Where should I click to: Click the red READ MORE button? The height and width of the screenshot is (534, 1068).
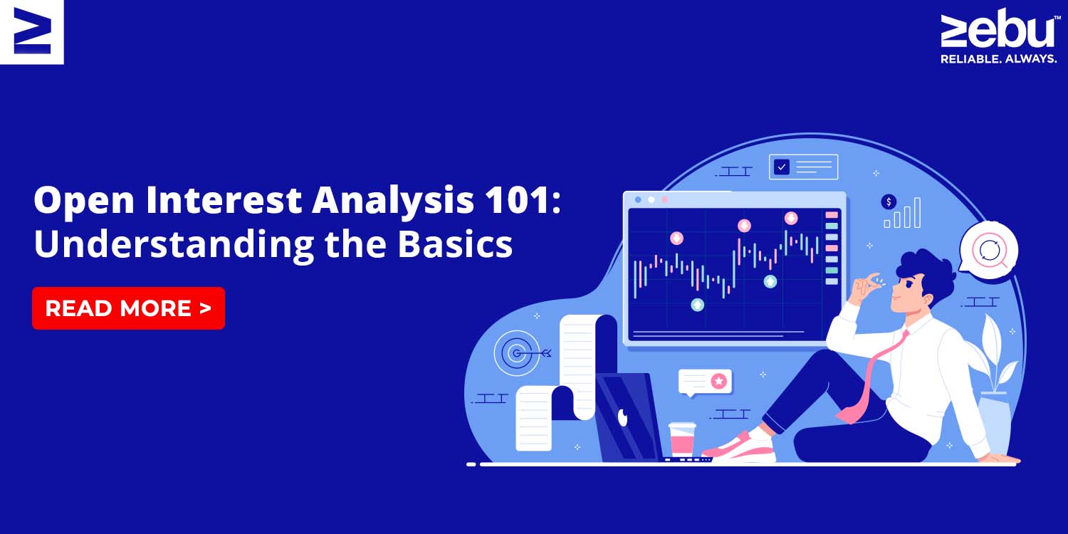(128, 308)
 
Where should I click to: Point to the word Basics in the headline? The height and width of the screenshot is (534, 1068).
(455, 244)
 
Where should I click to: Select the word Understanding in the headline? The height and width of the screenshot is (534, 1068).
(174, 245)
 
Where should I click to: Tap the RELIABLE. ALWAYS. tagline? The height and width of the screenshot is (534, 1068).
(998, 58)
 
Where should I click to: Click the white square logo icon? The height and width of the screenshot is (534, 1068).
(31, 31)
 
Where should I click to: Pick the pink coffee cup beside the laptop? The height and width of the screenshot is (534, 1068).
(682, 439)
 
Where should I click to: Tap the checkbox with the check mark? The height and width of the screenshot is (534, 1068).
(782, 167)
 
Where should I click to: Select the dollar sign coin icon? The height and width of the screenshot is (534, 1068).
(889, 201)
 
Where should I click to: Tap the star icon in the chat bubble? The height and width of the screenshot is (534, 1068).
(718, 381)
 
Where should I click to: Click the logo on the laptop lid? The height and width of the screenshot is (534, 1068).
(623, 417)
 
